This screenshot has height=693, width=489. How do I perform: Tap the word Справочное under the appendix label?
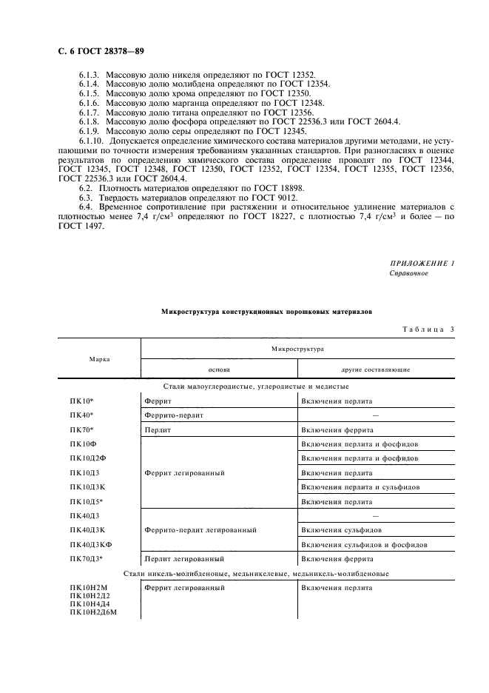pyautogui.click(x=408, y=273)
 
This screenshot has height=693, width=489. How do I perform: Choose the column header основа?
pyautogui.click(x=219, y=369)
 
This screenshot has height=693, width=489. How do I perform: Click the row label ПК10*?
pyautogui.click(x=82, y=401)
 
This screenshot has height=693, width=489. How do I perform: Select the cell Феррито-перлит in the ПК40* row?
pyautogui.click(x=174, y=415)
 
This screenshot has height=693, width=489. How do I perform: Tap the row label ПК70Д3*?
pyautogui.click(x=87, y=558)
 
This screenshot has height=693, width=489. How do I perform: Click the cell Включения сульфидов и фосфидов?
pyautogui.click(x=365, y=544)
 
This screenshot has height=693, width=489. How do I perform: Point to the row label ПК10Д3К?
pyautogui.click(x=87, y=486)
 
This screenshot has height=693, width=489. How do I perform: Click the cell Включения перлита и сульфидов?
pyautogui.click(x=360, y=486)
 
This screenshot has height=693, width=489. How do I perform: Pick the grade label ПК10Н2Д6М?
pyautogui.click(x=94, y=613)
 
